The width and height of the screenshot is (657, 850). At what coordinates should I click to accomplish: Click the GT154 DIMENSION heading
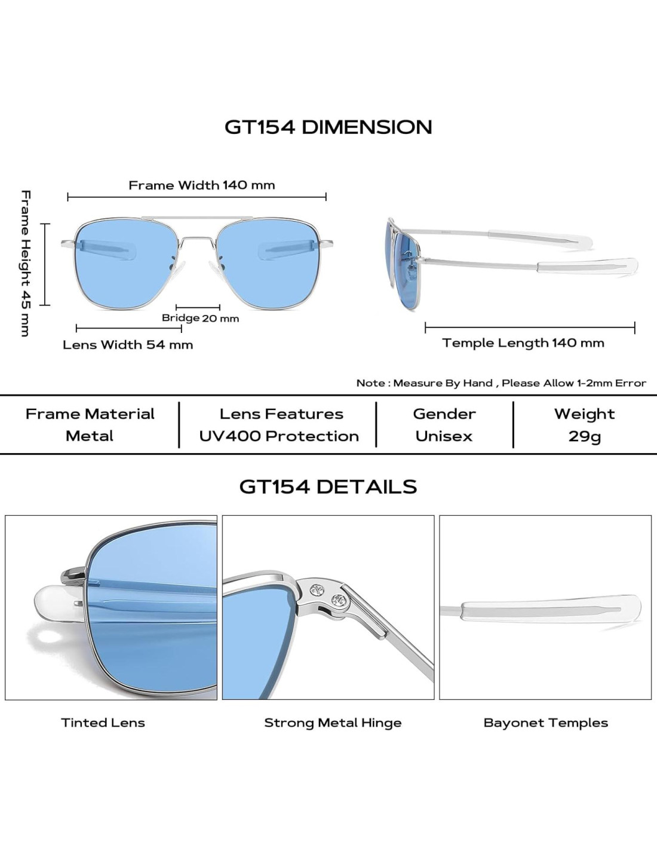click(328, 127)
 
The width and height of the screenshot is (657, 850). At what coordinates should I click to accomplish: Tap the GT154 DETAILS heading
click(328, 487)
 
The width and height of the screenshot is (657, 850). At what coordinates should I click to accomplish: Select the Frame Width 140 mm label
click(202, 185)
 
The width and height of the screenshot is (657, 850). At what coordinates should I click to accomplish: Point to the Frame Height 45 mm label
click(25, 263)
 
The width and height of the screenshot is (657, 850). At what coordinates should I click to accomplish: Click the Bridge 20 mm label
click(200, 318)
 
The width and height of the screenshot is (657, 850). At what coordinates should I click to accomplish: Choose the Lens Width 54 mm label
click(128, 345)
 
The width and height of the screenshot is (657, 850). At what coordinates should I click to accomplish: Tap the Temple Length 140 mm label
click(523, 343)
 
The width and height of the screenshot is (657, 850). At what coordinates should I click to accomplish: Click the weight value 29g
click(584, 436)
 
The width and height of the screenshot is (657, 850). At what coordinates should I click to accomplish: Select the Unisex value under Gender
click(444, 436)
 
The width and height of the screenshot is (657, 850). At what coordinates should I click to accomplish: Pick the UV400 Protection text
click(279, 436)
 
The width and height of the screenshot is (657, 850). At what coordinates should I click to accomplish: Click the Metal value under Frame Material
click(90, 436)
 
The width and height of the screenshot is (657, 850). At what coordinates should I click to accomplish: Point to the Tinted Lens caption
click(103, 723)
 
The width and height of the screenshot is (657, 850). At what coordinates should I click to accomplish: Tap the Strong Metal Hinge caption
click(333, 723)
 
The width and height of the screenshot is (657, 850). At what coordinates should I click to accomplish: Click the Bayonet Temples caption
click(545, 723)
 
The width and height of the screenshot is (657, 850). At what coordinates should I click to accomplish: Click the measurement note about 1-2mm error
click(501, 383)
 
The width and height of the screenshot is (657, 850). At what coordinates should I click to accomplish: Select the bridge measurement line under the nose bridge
click(198, 307)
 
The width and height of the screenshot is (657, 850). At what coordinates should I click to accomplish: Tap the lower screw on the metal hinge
click(338, 599)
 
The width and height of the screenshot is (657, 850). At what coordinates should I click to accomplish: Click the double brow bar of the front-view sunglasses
click(197, 218)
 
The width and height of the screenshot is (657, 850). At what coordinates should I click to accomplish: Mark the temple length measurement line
click(530, 328)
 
